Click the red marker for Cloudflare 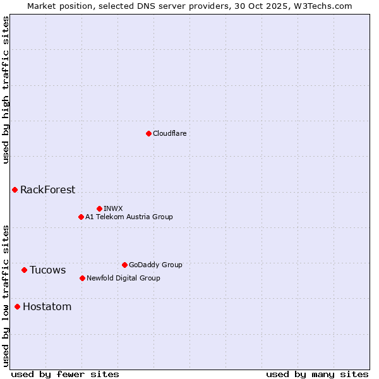pyautogui.click(x=148, y=133)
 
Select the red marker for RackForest pyautogui.click(x=15, y=189)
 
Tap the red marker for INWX pyautogui.click(x=99, y=208)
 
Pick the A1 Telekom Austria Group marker pyautogui.click(x=81, y=217)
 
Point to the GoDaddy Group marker pyautogui.click(x=124, y=265)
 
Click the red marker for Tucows pyautogui.click(x=24, y=270)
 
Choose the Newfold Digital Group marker pyautogui.click(x=82, y=278)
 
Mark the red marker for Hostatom pyautogui.click(x=17, y=306)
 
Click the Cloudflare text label pyautogui.click(x=170, y=133)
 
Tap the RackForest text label pyautogui.click(x=47, y=189)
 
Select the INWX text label pyautogui.click(x=113, y=208)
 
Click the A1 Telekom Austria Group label pyautogui.click(x=129, y=217)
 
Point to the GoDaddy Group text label pyautogui.click(x=155, y=265)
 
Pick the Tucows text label pyautogui.click(x=47, y=270)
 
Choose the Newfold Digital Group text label pyautogui.click(x=123, y=278)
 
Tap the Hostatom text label pyautogui.click(x=47, y=306)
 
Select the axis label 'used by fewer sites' pyautogui.click(x=65, y=374)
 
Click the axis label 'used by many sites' pyautogui.click(x=317, y=374)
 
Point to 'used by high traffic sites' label pyautogui.click(x=6, y=90)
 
